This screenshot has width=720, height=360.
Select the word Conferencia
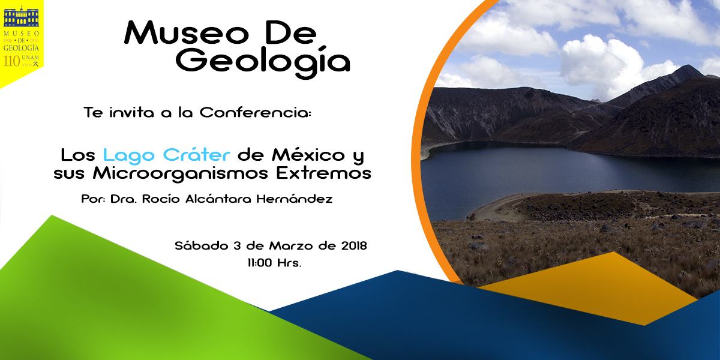pyautogui.click(x=256, y=113)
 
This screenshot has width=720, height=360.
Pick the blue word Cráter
pyautogui.click(x=197, y=154)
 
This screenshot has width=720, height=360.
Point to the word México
pyautogui.click(x=308, y=154)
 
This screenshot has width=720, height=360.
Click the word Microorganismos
pyautogui.click(x=181, y=174)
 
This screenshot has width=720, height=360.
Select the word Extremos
pyautogui.click(x=323, y=173)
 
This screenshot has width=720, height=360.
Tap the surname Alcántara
pyautogui.click(x=218, y=199)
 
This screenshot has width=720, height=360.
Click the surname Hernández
pyautogui.click(x=295, y=199)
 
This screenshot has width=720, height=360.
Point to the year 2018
pyautogui.click(x=354, y=246)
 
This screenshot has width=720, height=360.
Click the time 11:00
pyautogui.click(x=260, y=263)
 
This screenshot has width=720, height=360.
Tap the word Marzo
pyautogui.click(x=291, y=246)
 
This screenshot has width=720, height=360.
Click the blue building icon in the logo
pyautogui.click(x=21, y=17)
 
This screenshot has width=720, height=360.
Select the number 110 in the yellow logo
pyautogui.click(x=12, y=61)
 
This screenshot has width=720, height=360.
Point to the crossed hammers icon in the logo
pyautogui.click(x=35, y=64)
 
